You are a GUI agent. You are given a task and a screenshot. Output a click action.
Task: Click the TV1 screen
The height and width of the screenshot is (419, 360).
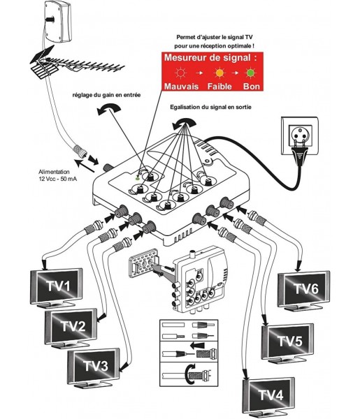pyautogui.click(x=57, y=287)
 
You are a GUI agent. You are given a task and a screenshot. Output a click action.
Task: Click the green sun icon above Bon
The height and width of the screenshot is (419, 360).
pyautogui.click(x=250, y=73)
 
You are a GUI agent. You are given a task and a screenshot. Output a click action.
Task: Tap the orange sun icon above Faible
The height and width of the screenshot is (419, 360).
pyautogui.click(x=219, y=73)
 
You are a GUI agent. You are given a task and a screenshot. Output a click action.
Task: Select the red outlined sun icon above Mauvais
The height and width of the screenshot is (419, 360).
pyautogui.click(x=181, y=73)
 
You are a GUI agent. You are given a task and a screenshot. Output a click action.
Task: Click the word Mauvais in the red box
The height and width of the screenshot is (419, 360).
pyautogui.click(x=181, y=87)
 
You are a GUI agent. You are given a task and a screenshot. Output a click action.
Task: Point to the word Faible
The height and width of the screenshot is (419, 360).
pyautogui.click(x=219, y=87)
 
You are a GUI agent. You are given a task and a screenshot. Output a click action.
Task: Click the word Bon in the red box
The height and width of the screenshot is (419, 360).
pyautogui.click(x=252, y=87)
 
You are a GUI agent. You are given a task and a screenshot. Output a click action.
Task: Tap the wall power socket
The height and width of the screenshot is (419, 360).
pyautogui.click(x=300, y=135)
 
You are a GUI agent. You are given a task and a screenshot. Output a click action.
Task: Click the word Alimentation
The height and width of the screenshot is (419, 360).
pyautogui.click(x=54, y=172)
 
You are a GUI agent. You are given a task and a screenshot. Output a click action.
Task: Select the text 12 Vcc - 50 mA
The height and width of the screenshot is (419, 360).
pyautogui.click(x=58, y=179)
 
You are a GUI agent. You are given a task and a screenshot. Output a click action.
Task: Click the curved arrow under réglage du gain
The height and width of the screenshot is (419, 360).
pyautogui.click(x=109, y=109)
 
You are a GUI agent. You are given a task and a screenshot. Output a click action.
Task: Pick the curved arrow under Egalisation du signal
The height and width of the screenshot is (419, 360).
pyautogui.click(x=185, y=123)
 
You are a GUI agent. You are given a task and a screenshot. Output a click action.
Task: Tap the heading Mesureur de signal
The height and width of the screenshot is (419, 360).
pyautogui.click(x=210, y=57)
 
